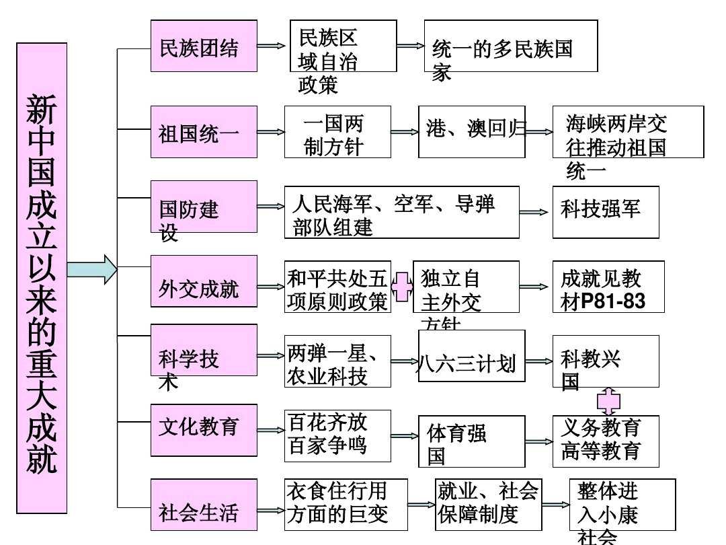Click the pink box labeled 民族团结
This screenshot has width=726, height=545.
(204, 46)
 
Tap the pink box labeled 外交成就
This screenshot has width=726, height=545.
(204, 281)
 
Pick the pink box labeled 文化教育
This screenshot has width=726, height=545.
(204, 430)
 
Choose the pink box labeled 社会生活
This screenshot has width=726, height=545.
(204, 505)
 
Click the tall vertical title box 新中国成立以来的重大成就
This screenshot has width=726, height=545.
(42, 278)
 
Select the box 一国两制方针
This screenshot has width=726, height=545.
(337, 132)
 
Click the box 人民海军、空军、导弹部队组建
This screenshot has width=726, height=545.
(401, 212)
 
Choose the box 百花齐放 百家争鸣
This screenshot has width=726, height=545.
(337, 436)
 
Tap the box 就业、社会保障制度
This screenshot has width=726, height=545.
(488, 505)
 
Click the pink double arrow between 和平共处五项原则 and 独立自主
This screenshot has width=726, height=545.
(401, 287)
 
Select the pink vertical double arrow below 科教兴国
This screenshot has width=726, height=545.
(608, 402)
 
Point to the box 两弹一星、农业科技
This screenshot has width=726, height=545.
(337, 361)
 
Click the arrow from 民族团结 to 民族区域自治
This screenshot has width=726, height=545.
(272, 46)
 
